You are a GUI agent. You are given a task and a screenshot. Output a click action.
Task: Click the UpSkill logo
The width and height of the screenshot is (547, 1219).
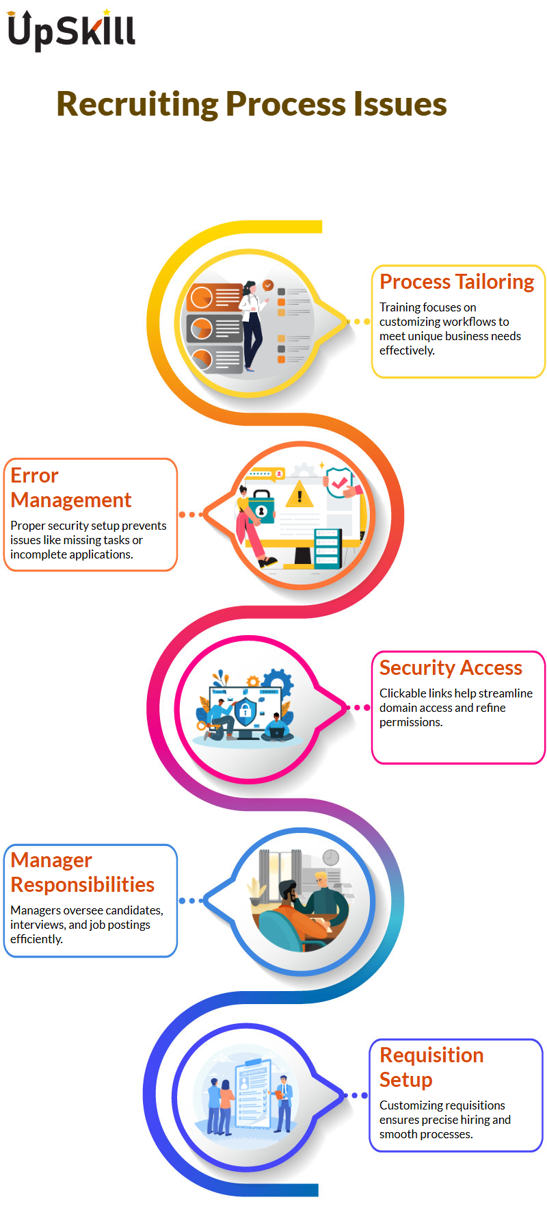tap(71, 30)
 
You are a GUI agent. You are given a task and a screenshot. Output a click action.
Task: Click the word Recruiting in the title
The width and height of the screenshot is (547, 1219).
tap(137, 105)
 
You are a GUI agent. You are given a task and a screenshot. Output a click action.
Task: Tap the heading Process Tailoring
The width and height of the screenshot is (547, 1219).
tap(457, 282)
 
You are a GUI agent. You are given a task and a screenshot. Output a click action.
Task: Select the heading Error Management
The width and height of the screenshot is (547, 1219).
tap(70, 488)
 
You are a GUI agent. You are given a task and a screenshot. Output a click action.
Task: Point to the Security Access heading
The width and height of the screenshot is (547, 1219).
tap(451, 667)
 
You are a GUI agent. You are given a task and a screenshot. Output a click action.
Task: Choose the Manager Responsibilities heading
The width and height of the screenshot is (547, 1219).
tap(82, 873)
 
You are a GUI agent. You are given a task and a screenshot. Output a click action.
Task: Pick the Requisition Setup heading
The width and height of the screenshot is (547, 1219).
tap(431, 1067)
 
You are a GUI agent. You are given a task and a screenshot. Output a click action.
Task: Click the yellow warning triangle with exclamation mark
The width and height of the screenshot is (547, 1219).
tap(299, 494)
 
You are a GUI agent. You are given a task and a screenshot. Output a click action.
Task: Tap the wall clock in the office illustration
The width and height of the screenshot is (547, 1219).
tap(331, 858)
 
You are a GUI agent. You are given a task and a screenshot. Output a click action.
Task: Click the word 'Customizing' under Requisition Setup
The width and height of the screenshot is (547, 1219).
tap(408, 1105)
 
